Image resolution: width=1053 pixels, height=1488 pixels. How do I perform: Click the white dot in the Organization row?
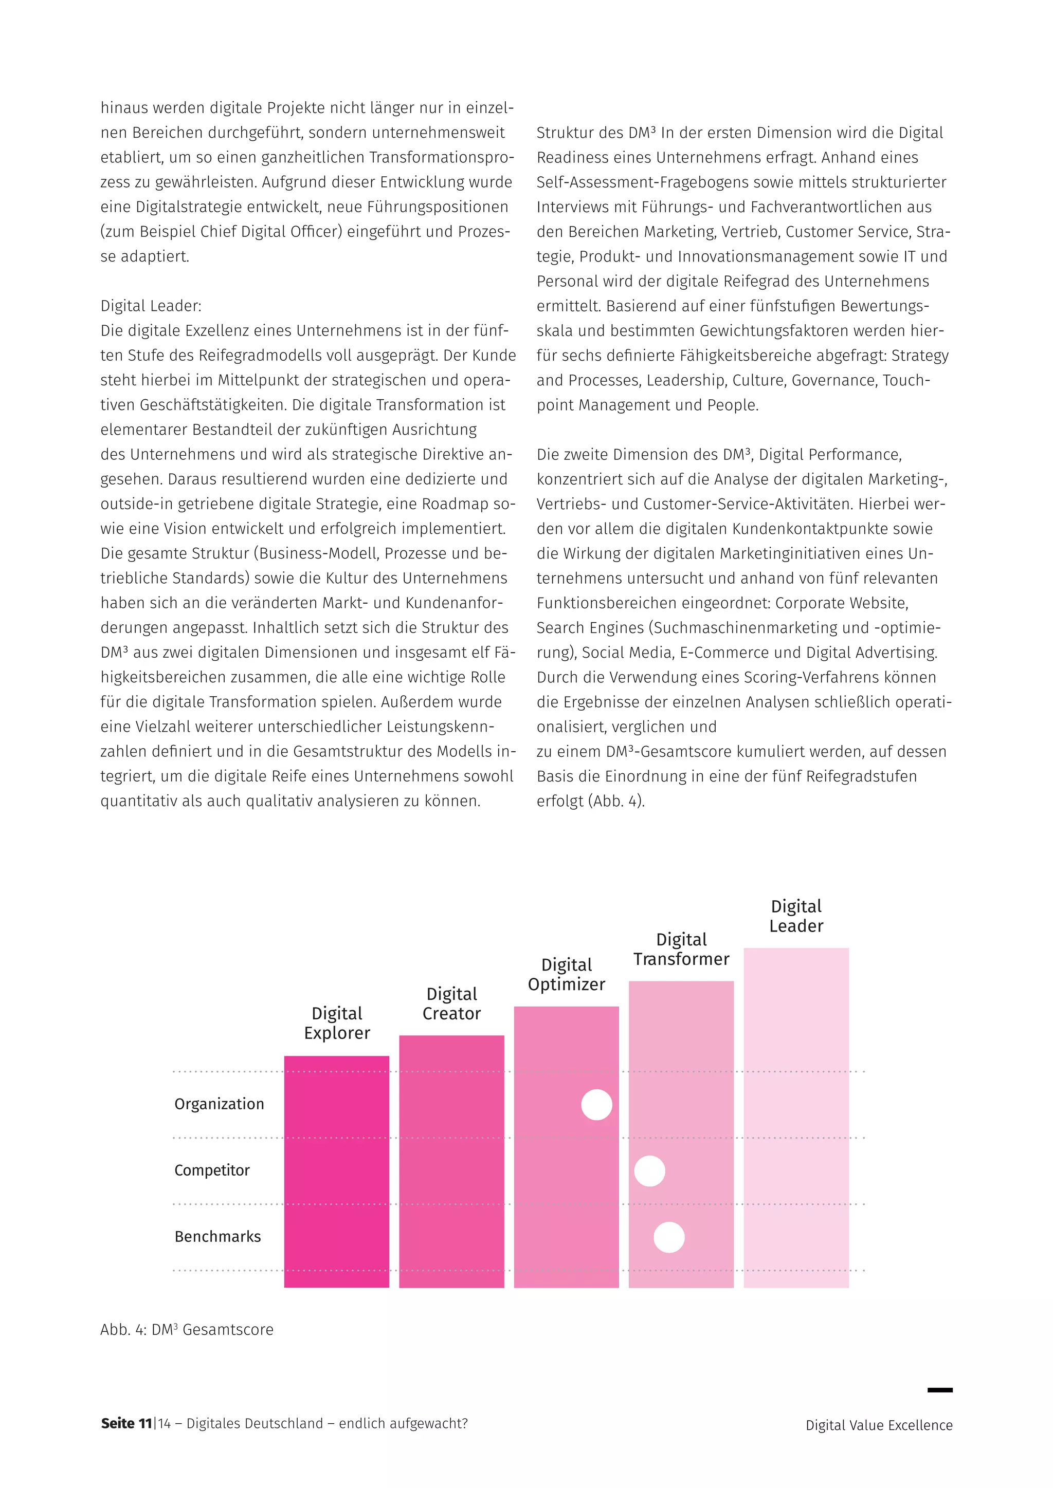(596, 1105)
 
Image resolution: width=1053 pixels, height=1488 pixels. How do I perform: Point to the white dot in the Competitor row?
(650, 1171)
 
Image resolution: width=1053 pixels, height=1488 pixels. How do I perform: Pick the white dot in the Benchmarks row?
(669, 1237)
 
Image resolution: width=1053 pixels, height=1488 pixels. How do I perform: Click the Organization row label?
(219, 1104)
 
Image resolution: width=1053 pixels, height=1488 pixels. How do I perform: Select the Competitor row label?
(212, 1170)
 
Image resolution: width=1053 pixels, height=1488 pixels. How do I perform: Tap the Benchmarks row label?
(218, 1237)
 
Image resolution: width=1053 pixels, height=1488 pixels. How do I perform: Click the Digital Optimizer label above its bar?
(567, 974)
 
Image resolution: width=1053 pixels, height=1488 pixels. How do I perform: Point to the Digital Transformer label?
(681, 949)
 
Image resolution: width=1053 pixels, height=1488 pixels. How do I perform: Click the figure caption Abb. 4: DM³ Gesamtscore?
(187, 1330)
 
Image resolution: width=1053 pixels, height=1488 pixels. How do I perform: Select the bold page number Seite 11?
(126, 1424)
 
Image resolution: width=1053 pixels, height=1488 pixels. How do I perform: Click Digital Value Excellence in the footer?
(879, 1426)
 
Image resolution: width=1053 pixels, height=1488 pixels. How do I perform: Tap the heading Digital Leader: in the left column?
(151, 306)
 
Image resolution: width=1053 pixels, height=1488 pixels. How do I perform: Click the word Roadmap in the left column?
(459, 504)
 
